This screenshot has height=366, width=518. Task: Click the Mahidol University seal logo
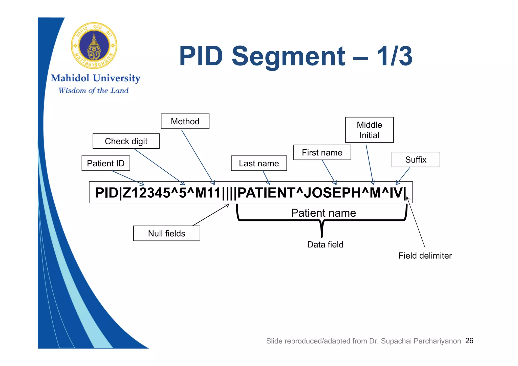pyautogui.click(x=94, y=45)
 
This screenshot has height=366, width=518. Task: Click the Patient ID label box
pyautogui.click(x=106, y=163)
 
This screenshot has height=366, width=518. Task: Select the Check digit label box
pyautogui.click(x=126, y=141)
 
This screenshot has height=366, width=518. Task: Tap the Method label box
pyautogui.click(x=185, y=121)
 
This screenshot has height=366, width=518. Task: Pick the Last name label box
pyautogui.click(x=259, y=163)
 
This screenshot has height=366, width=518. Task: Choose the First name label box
pyautogui.click(x=322, y=152)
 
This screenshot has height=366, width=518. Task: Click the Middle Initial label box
pyautogui.click(x=369, y=130)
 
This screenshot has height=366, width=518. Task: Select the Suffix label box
pyautogui.click(x=416, y=159)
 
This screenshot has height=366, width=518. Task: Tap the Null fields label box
pyautogui.click(x=166, y=233)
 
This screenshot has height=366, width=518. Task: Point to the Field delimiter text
pyautogui.click(x=425, y=256)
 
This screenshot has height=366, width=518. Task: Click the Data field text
pyautogui.click(x=325, y=244)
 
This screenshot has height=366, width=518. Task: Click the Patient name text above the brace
pyautogui.click(x=323, y=213)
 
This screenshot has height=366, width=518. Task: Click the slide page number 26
pyautogui.click(x=469, y=340)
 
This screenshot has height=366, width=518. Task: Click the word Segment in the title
pyautogui.click(x=288, y=56)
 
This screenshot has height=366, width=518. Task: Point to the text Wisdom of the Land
pyautogui.click(x=93, y=90)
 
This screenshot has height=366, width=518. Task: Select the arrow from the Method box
pyautogui.click(x=198, y=157)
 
